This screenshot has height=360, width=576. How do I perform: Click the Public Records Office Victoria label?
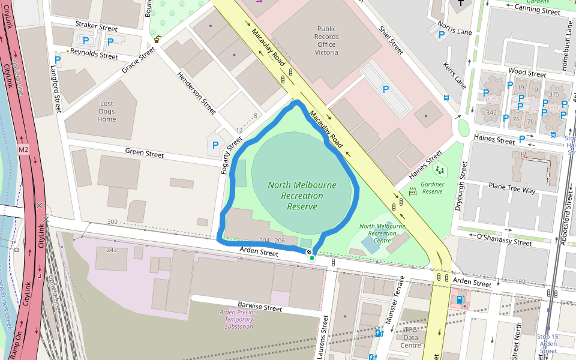(x=326, y=40)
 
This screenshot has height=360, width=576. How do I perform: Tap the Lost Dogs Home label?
(x=106, y=112)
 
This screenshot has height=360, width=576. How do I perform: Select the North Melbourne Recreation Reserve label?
(x=302, y=196)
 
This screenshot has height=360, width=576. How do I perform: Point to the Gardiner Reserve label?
(x=431, y=188)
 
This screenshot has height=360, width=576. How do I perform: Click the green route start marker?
(x=312, y=258)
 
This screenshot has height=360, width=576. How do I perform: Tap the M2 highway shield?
(x=23, y=149)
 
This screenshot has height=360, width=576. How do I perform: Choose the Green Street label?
(x=144, y=154)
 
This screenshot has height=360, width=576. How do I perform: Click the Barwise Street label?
(x=259, y=308)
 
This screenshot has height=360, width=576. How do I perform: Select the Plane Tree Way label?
(x=511, y=190)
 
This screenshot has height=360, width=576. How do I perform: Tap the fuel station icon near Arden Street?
(x=460, y=299)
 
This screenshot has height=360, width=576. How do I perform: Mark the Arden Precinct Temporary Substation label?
(x=238, y=319)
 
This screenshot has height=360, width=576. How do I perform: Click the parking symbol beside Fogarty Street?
(x=215, y=145)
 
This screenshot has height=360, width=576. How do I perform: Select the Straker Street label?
(x=96, y=27)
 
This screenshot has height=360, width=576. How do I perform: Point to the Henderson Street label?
(x=196, y=93)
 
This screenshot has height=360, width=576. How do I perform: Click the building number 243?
(x=111, y=250)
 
